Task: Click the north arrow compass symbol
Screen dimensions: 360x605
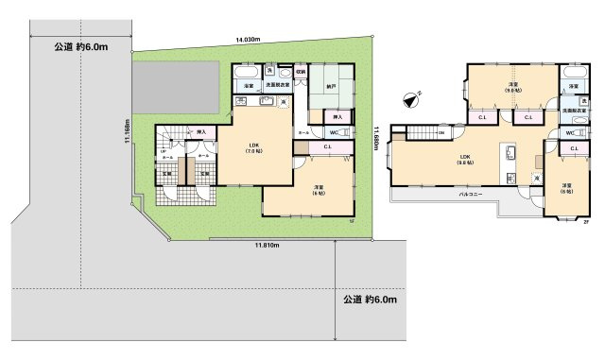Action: click(408, 96)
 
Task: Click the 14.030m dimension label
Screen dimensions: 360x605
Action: click(249, 40)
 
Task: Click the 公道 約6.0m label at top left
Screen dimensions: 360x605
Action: click(78, 45)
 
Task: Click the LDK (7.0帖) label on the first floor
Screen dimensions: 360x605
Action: click(252, 147)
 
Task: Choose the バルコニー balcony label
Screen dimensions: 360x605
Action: click(471, 194)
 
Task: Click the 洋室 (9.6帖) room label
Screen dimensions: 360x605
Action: click(512, 87)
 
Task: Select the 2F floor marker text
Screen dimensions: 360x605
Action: click(586, 222)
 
